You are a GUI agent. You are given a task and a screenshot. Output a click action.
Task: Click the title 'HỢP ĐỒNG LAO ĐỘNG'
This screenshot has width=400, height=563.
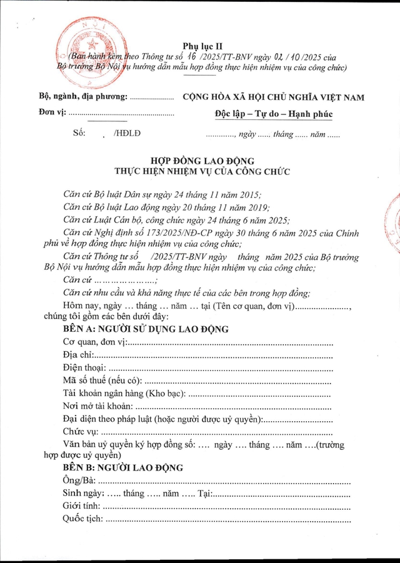pos(200,161)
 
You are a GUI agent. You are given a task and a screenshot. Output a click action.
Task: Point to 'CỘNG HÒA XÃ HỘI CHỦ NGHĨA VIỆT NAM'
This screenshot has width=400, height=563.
pos(273,97)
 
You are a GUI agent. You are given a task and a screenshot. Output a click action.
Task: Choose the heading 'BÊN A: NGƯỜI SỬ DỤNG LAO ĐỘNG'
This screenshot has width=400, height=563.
pos(146,329)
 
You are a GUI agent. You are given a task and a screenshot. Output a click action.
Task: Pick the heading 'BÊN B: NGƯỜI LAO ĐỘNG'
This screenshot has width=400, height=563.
pos(122,467)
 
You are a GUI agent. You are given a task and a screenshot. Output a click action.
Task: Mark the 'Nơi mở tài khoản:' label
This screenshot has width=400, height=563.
pos(97,406)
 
